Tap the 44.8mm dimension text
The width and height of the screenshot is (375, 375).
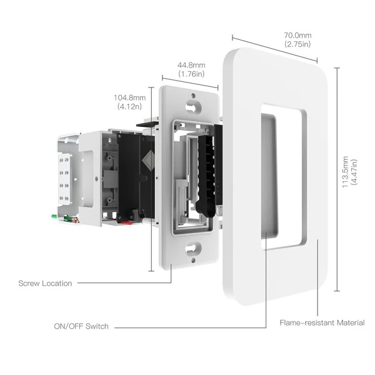click(x=191, y=65)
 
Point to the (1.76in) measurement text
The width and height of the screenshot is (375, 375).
click(x=191, y=74)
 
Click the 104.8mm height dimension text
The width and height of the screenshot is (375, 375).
click(x=129, y=97)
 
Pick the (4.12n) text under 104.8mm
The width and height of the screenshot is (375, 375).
click(x=129, y=107)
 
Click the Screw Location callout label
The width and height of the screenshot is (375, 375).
click(x=45, y=283)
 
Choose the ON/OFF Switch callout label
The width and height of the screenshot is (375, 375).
click(x=81, y=326)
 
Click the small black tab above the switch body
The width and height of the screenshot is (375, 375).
click(x=145, y=124)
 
